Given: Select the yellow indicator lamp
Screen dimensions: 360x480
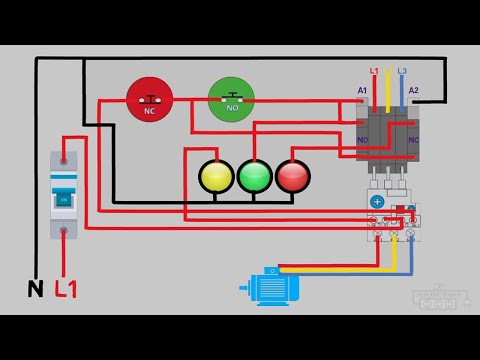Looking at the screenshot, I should (216, 176).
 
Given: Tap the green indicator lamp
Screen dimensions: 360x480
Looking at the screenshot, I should (254, 176).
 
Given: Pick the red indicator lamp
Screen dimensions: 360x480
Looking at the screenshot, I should (292, 176).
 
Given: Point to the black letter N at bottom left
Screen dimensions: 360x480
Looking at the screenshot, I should (35, 290).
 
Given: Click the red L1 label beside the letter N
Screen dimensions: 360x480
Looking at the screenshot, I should (67, 290).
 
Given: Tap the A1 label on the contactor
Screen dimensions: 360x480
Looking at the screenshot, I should (363, 91).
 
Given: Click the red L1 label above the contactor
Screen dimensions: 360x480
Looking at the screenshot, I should (374, 71).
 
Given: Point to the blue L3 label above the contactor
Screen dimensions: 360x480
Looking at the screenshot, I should (402, 71).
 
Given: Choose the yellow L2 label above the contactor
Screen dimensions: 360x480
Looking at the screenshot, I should (388, 71).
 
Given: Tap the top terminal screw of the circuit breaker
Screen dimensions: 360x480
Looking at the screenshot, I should (64, 158).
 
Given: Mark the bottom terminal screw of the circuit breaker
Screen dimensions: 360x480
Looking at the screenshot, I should (64, 233).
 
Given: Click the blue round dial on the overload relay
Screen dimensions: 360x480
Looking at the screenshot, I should (378, 201).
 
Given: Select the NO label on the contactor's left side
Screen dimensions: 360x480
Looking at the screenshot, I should (362, 141).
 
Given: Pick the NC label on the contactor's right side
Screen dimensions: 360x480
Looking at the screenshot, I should (413, 141).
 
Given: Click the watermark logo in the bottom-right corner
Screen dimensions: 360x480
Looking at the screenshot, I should (441, 297).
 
